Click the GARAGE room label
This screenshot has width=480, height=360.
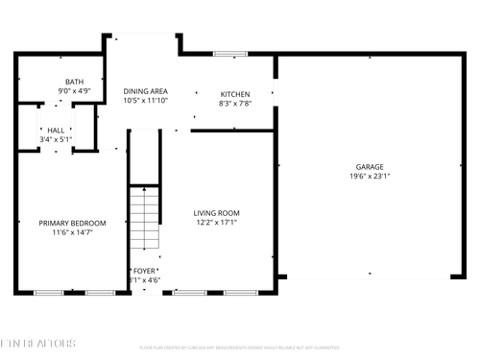pos(370,166)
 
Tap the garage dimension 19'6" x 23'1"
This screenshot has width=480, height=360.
pos(370,177)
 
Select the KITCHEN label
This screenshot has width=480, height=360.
pos(234,94)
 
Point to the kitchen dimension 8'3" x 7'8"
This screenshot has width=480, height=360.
pos(234,104)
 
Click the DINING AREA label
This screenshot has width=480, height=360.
pos(146,90)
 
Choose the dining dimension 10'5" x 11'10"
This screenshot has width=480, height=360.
pos(146,100)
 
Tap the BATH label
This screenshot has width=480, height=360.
pos(74,82)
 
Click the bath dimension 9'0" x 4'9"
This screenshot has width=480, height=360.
pos(74,91)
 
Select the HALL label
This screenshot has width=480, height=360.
pos(57,130)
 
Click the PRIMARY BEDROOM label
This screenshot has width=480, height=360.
pos(72,223)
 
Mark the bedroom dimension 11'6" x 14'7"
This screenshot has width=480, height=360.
pos(72,232)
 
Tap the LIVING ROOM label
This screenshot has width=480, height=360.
pos(216,213)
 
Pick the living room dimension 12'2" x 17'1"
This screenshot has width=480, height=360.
pos(216,223)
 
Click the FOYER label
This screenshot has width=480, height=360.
pos(145,271)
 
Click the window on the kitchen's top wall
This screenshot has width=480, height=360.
pos(228,54)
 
